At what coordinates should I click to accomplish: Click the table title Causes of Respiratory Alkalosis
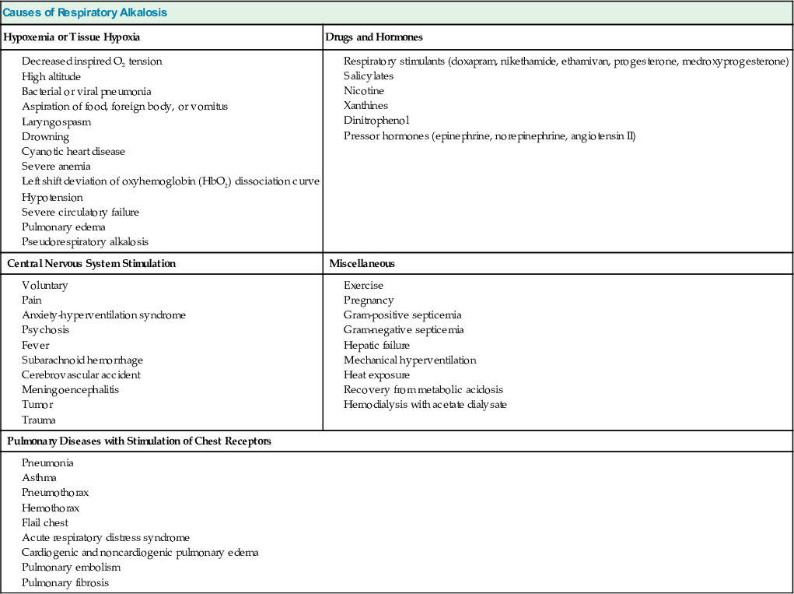tap(85, 12)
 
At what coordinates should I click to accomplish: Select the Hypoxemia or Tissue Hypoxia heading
tap(72, 37)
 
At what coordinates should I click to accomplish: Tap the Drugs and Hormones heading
tap(374, 37)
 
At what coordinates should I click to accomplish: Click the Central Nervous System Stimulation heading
tap(91, 263)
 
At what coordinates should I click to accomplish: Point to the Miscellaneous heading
tap(362, 263)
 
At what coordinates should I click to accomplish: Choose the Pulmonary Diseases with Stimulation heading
tap(139, 441)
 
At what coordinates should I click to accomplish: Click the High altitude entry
tap(51, 76)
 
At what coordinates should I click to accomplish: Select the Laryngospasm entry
tap(56, 121)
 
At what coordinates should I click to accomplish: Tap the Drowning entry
tap(45, 136)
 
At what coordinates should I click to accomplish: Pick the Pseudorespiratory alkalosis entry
tap(85, 241)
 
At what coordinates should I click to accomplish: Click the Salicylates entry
tap(369, 76)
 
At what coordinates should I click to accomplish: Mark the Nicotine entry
tap(364, 90)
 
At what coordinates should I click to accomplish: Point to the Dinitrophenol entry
tap(376, 120)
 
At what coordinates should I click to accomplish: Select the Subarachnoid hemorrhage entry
tap(82, 360)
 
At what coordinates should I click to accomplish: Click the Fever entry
tap(35, 345)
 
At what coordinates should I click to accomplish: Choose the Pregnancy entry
tap(369, 300)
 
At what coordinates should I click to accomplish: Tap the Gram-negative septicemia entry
tap(404, 329)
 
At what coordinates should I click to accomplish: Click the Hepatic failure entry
tap(376, 345)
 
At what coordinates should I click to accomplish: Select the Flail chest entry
tap(44, 522)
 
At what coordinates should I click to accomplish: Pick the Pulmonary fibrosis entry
tap(65, 582)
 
